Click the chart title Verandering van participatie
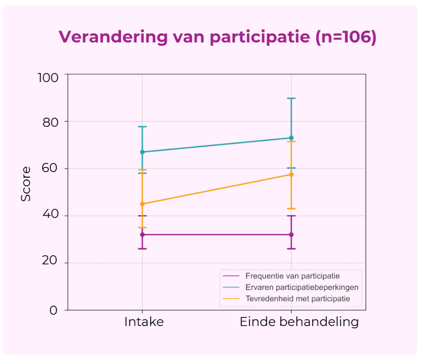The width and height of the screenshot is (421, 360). click(218, 37)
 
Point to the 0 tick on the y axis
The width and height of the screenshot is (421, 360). click(53, 310)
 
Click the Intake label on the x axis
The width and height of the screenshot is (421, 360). click(144, 322)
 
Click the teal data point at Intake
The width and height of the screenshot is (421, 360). click(142, 152)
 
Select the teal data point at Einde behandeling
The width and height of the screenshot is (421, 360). click(291, 138)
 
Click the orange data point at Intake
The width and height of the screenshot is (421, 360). click(142, 204)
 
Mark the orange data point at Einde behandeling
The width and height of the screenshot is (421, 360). click(291, 174)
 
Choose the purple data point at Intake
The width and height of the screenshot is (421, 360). click(142, 234)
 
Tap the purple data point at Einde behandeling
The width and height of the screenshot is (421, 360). click(291, 234)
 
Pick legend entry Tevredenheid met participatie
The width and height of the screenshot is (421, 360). click(297, 298)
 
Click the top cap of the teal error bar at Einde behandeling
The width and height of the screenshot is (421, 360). click(291, 98)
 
